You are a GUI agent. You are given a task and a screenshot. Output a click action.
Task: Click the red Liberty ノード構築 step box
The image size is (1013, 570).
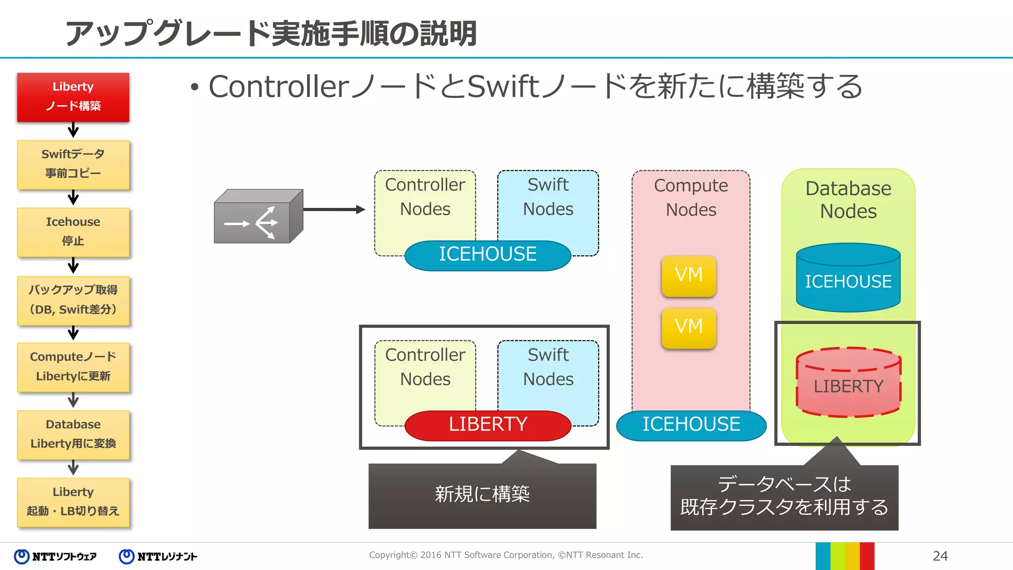tap(73, 97)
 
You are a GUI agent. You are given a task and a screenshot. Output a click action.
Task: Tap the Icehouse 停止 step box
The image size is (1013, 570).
tap(73, 232)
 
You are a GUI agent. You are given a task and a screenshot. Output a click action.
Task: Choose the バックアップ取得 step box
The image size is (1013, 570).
tap(73, 300)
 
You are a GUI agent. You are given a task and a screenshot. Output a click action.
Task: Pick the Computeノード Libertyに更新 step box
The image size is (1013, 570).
tap(73, 367)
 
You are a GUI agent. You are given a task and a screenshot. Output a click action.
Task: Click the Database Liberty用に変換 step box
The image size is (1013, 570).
tap(73, 434)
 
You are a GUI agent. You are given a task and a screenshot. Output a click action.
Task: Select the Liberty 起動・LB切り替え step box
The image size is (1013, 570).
tap(73, 502)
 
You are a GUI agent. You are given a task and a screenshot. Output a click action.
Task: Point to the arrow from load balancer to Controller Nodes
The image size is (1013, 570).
tap(334, 210)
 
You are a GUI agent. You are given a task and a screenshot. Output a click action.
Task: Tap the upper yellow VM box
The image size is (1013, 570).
tap(689, 276)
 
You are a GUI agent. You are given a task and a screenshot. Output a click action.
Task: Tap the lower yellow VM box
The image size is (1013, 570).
tap(689, 328)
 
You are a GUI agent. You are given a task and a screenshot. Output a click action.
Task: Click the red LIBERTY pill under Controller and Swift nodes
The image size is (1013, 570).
tap(488, 425)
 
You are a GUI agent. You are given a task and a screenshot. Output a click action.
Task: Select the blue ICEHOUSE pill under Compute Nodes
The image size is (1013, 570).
tap(691, 425)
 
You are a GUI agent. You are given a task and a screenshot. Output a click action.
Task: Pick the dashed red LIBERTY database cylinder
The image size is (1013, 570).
tap(848, 383)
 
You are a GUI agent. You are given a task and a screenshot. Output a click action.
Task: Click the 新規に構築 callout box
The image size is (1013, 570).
tap(482, 495)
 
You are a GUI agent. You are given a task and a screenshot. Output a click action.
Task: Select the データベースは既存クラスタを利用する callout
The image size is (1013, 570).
tap(784, 497)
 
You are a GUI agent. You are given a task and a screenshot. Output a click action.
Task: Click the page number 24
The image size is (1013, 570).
tap(940, 556)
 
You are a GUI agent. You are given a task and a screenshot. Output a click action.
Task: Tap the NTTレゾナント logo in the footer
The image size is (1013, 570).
tap(158, 557)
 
